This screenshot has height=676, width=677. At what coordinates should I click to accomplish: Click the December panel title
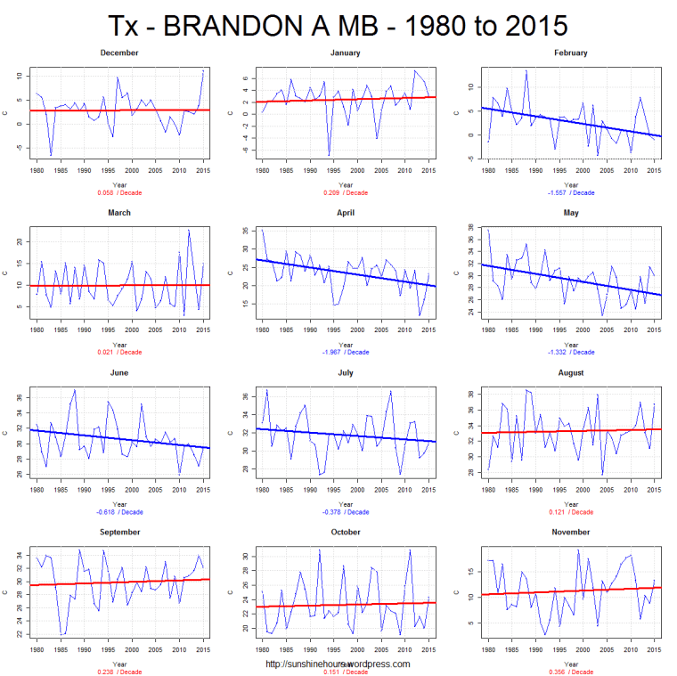coord(119,53)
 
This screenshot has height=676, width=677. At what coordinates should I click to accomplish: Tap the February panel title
coord(569,53)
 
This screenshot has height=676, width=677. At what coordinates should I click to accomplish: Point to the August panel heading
coord(569,373)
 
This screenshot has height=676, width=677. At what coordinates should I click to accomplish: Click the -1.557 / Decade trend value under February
coord(569,191)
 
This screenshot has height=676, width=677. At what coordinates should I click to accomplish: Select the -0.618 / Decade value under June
coord(119,512)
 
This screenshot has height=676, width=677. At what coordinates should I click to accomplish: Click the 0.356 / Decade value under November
coord(569,672)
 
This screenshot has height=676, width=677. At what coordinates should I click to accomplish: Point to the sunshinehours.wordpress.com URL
coord(338,664)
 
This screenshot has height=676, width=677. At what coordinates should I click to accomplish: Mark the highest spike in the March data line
coord(189,230)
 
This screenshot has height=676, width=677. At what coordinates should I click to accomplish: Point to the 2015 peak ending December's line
coord(203,69)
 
